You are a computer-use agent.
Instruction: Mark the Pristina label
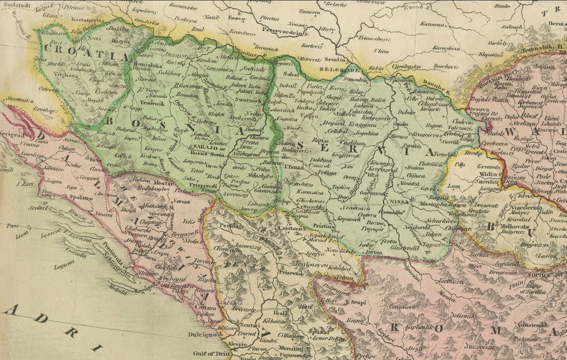click(324, 226)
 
